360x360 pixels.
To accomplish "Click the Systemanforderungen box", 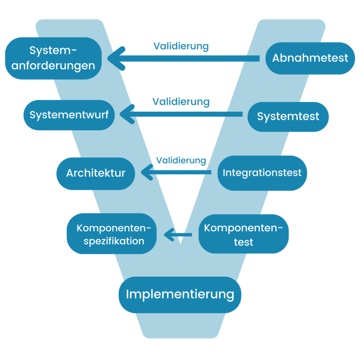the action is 53,58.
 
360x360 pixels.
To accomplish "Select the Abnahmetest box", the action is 310,58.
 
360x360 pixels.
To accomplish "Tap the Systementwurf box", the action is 69,115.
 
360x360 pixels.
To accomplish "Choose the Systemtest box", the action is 288,117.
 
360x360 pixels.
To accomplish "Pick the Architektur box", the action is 96,174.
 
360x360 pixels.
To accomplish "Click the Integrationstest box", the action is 262,173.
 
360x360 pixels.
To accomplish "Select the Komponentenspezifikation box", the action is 112,233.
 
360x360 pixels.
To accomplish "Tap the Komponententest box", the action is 244,234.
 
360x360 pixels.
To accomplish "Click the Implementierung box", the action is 180,295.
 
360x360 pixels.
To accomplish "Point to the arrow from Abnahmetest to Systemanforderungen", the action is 184,58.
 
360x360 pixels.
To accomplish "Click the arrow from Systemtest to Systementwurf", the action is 181,114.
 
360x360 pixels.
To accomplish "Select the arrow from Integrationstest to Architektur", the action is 176,172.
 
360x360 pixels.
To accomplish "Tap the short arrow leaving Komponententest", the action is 178,234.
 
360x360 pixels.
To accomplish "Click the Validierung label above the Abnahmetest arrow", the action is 181,46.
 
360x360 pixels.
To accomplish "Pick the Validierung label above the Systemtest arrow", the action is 181,102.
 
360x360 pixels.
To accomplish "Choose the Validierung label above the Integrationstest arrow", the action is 181,160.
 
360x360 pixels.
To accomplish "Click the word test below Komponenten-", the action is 244,242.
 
